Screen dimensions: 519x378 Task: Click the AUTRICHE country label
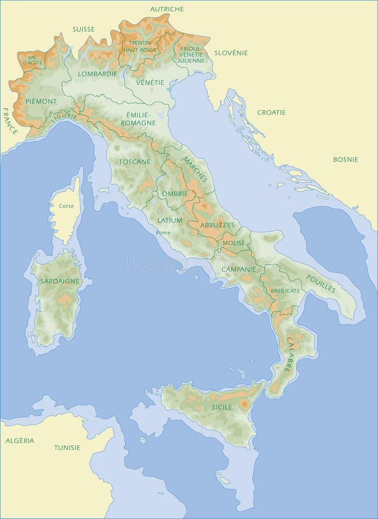coord(167,9)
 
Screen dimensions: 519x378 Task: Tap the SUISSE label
coord(84,29)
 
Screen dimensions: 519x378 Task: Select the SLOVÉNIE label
coord(231,52)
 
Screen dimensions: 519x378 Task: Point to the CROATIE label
coord(271,112)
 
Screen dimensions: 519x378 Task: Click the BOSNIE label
coord(345,159)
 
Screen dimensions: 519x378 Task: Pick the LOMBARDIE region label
coord(98,74)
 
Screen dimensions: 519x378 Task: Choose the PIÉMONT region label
coord(41,101)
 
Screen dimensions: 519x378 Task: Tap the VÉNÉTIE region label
coord(150,82)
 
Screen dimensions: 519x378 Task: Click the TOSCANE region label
coord(134,161)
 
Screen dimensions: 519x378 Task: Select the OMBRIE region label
coord(175,194)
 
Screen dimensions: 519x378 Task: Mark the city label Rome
coord(163,232)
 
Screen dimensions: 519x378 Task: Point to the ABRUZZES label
coord(217,225)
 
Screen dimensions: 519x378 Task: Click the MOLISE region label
coord(233,243)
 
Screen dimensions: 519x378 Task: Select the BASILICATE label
coord(285,291)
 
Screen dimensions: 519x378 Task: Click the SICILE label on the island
coord(222,407)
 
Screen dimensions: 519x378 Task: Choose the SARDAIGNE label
coord(60,281)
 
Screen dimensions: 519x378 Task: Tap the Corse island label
coord(66,206)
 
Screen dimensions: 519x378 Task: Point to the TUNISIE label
coord(67,447)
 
